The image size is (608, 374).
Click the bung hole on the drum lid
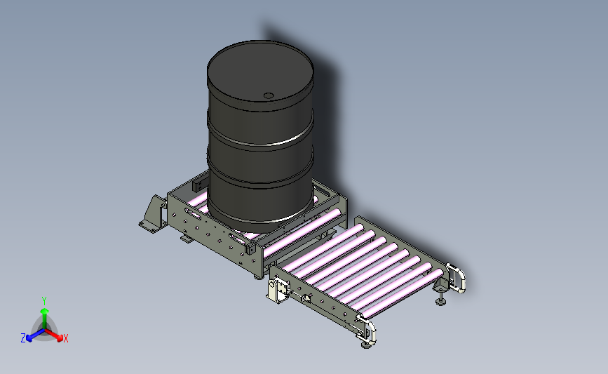[x=269, y=95]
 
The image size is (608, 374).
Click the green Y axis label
[x=44, y=301]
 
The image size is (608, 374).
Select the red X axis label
[x=65, y=338]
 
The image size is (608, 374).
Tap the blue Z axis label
[x=23, y=338]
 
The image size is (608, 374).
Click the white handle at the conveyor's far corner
[x=457, y=278]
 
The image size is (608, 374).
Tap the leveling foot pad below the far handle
[x=440, y=301]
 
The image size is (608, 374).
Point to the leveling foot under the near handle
[x=366, y=344]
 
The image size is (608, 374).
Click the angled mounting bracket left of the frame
[x=154, y=215]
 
